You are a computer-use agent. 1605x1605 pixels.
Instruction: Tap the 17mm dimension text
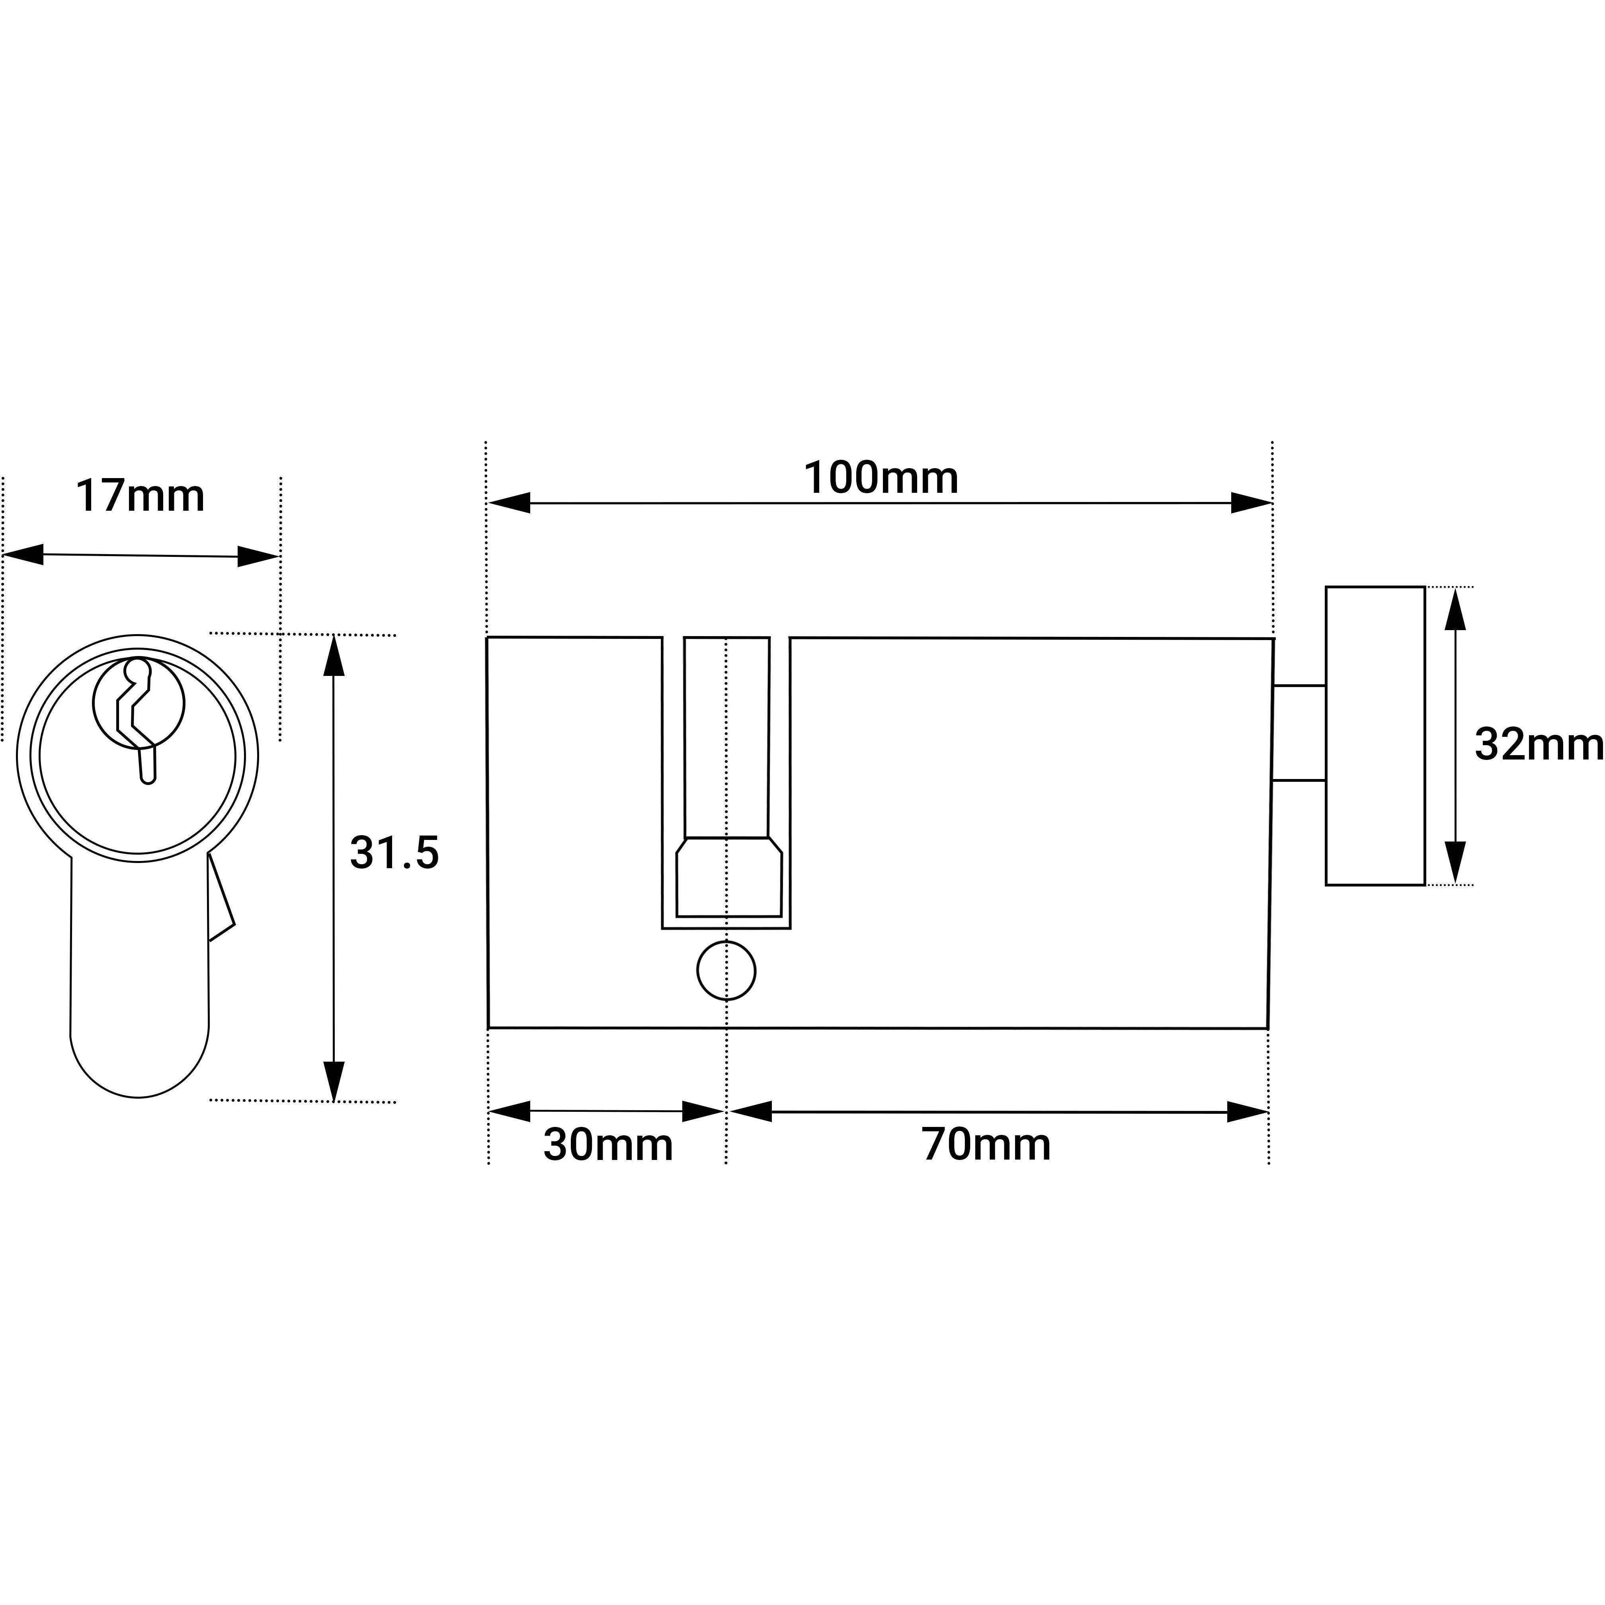point(141,496)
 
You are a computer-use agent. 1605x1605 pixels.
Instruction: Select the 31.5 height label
point(394,853)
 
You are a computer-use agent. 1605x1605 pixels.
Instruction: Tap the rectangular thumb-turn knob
point(1375,736)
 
